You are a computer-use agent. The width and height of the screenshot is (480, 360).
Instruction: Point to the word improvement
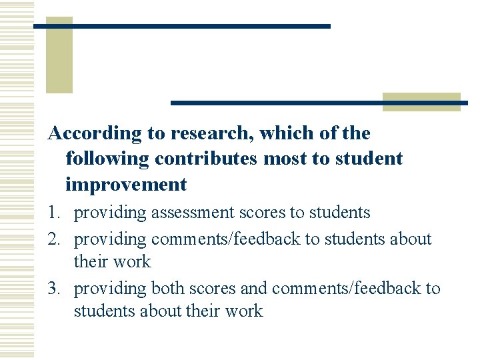[x=126, y=184]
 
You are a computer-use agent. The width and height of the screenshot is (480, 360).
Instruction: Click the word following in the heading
[x=107, y=159]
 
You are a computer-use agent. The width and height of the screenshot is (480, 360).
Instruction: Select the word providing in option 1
[x=110, y=213]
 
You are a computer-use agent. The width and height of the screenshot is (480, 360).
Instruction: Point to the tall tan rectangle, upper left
[x=59, y=55]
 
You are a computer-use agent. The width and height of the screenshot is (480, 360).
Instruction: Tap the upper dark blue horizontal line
[x=181, y=26]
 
